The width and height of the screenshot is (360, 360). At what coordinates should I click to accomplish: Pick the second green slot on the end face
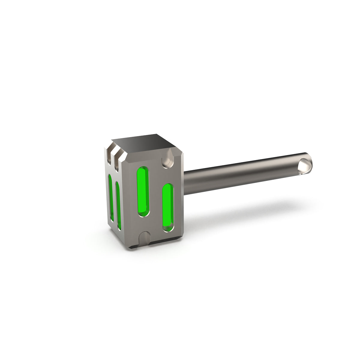click(x=118, y=205)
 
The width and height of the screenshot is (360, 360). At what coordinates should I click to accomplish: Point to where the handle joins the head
click(x=184, y=183)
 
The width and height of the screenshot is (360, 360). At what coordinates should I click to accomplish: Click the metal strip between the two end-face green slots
click(x=114, y=201)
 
